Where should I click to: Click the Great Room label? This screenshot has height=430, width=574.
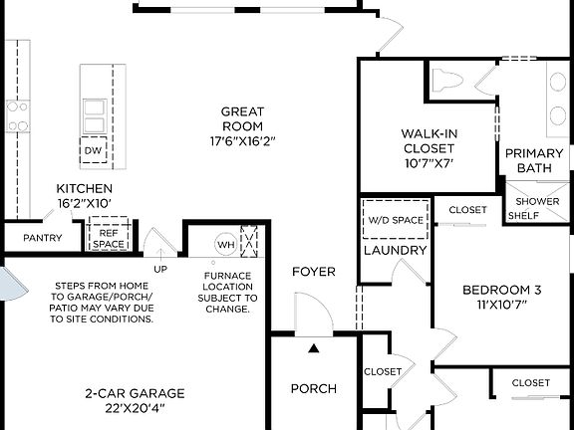pyautogui.click(x=242, y=118)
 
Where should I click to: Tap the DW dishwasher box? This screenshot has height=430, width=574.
pyautogui.click(x=94, y=150)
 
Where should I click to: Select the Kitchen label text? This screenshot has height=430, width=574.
pyautogui.click(x=84, y=188)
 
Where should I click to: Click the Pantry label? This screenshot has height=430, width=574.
pyautogui.click(x=42, y=238)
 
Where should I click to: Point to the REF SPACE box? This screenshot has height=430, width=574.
pyautogui.click(x=109, y=238)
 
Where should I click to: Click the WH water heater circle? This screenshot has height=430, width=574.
pyautogui.click(x=225, y=243)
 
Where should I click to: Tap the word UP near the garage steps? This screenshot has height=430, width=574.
pyautogui.click(x=159, y=268)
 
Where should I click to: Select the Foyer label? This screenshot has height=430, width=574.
pyautogui.click(x=313, y=272)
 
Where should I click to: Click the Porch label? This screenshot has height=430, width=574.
pyautogui.click(x=313, y=388)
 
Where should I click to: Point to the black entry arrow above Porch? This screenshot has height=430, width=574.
pyautogui.click(x=313, y=348)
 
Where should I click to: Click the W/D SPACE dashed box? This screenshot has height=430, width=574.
pyautogui.click(x=395, y=219)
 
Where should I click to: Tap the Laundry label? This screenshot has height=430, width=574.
pyautogui.click(x=395, y=250)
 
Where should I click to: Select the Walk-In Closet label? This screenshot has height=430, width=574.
pyautogui.click(x=430, y=140)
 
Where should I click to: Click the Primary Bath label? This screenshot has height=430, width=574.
pyautogui.click(x=535, y=160)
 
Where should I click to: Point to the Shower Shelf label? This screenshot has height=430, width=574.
pyautogui.click(x=536, y=208)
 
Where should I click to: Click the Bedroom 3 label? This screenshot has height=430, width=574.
pyautogui.click(x=501, y=290)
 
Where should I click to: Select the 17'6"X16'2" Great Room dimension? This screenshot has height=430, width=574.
pyautogui.click(x=242, y=140)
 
